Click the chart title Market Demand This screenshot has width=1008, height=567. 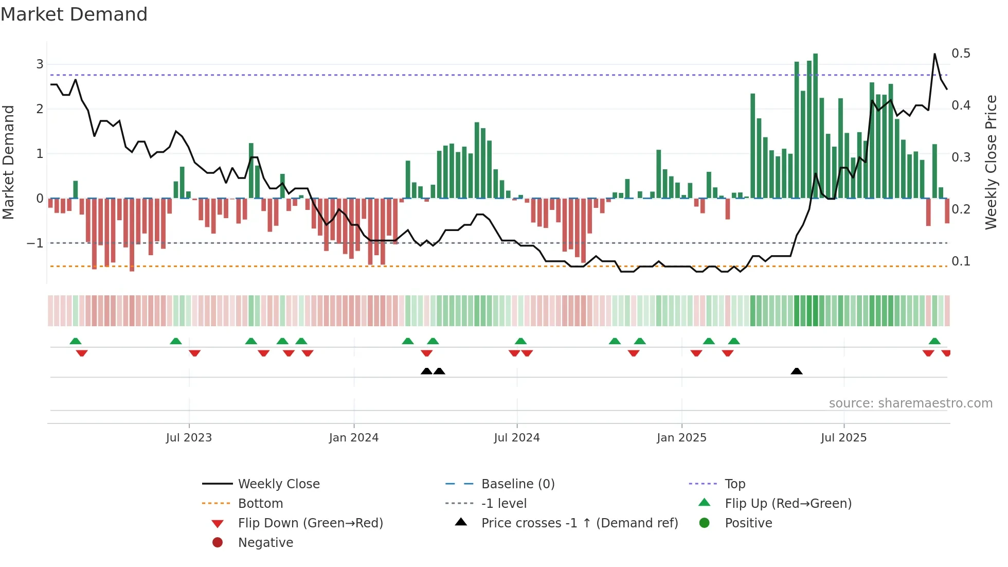pos(74,14)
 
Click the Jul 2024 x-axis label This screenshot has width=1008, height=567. pos(517,438)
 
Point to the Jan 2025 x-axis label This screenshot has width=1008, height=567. pos(681,438)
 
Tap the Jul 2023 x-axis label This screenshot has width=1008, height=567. pos(189,438)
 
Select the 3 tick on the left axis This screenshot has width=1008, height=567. pos(40,64)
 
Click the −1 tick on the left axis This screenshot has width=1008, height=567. pos(35,243)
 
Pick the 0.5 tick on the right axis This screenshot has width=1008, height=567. pos(961,54)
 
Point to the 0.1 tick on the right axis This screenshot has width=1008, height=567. pos(961,261)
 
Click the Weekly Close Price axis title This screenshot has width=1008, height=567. pos(991,162)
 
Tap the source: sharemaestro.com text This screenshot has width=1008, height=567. pos(910,403)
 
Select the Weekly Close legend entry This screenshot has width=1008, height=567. pos(278,484)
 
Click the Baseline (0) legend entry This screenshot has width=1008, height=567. pos(517,484)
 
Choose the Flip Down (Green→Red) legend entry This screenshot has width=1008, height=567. pos(310,523)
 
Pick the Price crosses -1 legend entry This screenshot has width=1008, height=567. pos(579,523)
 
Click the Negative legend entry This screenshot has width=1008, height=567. pos(265,543)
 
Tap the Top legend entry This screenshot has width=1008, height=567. pos(734,484)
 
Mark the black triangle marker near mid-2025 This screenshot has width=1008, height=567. pos(796,371)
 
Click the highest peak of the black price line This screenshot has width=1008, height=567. pos(934,54)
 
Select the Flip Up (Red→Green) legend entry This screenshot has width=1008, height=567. pos(788,504)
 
